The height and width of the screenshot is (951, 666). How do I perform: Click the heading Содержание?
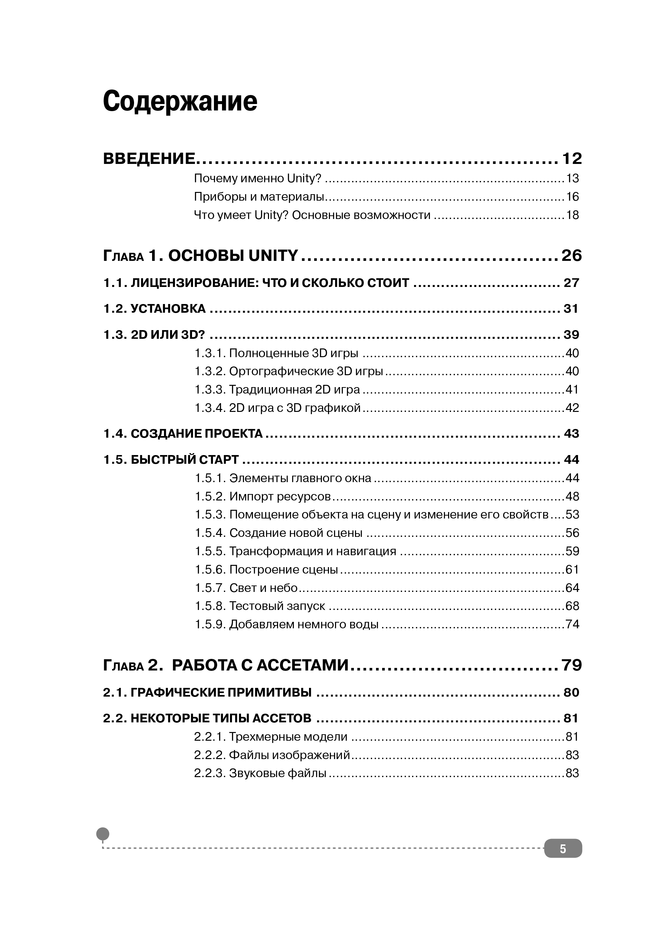[x=180, y=101]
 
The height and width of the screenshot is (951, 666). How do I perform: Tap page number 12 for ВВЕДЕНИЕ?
[x=572, y=159]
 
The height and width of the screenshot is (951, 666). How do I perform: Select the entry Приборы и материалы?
[x=259, y=197]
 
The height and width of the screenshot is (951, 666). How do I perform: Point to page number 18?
[x=572, y=215]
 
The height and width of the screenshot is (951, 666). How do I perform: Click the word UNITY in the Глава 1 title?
[x=273, y=256]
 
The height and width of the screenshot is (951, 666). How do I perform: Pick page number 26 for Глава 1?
[x=572, y=256]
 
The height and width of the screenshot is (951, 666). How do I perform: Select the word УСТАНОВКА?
[x=168, y=309]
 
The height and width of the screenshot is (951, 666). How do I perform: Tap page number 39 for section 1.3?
[x=571, y=335]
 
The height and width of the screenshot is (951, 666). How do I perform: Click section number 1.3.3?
[x=210, y=390]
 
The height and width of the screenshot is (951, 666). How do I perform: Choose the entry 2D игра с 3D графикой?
[x=295, y=408]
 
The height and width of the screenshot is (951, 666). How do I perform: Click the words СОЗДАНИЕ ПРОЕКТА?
[x=197, y=434]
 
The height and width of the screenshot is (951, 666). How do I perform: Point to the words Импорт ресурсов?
[x=280, y=496]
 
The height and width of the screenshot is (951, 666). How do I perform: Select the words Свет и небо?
[x=264, y=588]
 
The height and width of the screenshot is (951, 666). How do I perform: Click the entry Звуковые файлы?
[x=278, y=773]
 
